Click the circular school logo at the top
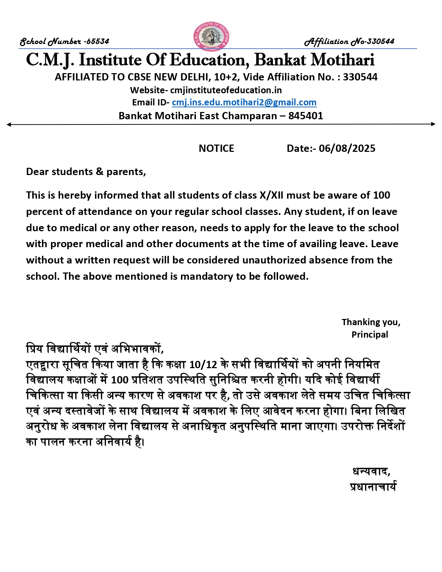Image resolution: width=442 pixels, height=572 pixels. (x=211, y=36)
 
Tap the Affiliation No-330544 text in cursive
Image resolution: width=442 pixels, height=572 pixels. (x=349, y=42)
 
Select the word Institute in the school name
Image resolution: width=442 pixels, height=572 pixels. (x=110, y=60)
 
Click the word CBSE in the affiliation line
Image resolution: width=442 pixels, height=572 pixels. (x=140, y=77)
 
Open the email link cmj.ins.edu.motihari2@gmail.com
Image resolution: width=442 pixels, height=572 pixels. (x=244, y=103)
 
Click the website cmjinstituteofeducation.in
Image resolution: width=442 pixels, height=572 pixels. (x=226, y=90)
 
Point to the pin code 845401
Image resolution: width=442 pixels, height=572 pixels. (x=305, y=116)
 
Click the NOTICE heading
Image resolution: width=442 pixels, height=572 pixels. (x=216, y=148)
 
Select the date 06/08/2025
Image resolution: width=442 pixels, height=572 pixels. (x=347, y=148)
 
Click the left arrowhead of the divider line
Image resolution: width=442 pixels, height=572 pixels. (x=9, y=124)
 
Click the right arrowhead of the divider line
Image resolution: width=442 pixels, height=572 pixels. (x=433, y=124)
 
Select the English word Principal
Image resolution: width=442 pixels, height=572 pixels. (x=370, y=335)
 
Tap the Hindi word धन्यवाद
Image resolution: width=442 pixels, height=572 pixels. (x=371, y=472)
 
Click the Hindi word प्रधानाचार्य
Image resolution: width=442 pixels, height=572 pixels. (x=373, y=487)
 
